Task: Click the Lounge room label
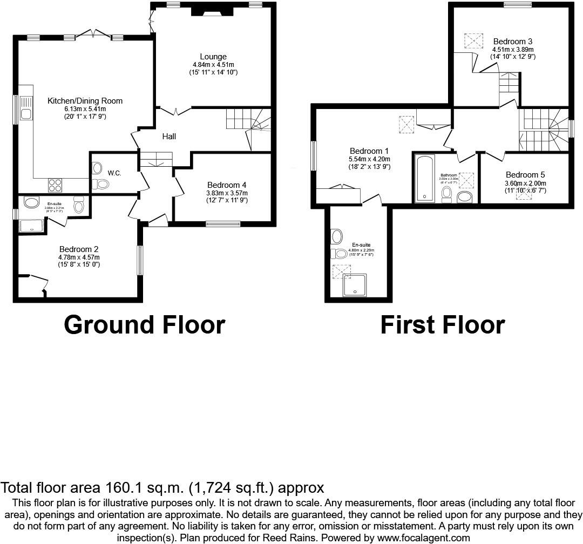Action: pyautogui.click(x=213, y=57)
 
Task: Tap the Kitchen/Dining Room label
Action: pyautogui.click(x=85, y=101)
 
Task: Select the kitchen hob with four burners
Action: pyautogui.click(x=55, y=185)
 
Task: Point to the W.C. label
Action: pyautogui.click(x=114, y=173)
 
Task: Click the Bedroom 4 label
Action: pyautogui.click(x=227, y=185)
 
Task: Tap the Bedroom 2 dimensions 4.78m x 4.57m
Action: pyautogui.click(x=79, y=257)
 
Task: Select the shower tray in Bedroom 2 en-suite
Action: pyautogui.click(x=33, y=225)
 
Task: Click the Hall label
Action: pyautogui.click(x=169, y=137)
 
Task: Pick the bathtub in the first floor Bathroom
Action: pyautogui.click(x=424, y=179)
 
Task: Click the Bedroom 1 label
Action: pyautogui.click(x=370, y=151)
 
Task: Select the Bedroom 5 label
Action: pyautogui.click(x=525, y=175)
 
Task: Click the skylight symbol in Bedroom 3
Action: pyautogui.click(x=473, y=41)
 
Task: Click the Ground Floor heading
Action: pyautogui.click(x=144, y=325)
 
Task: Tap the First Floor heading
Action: pyautogui.click(x=442, y=325)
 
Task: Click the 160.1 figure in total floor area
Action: pyautogui.click(x=120, y=488)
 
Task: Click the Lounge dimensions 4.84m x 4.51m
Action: pyautogui.click(x=213, y=64)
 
